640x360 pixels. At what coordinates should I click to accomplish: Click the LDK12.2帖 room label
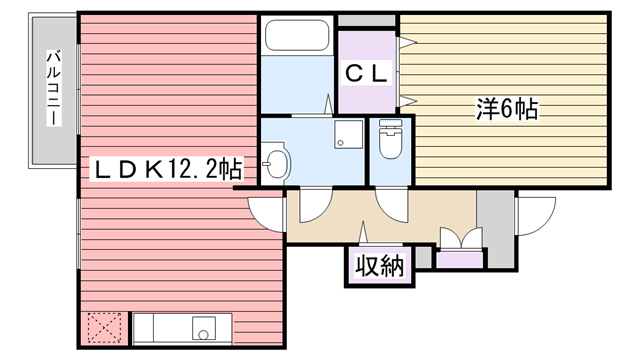[x=168, y=169]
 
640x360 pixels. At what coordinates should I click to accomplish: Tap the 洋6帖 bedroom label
[x=507, y=109]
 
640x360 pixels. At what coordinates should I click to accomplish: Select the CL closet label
[x=366, y=73]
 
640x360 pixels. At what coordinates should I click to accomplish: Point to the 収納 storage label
[x=380, y=266]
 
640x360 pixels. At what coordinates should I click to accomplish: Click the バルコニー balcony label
[x=53, y=88]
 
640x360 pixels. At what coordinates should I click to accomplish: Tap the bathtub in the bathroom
[x=297, y=35]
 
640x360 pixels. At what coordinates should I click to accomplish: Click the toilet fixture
[x=391, y=139]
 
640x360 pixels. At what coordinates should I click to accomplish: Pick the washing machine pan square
[x=349, y=134]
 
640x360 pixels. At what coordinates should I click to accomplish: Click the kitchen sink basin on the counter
[x=204, y=328]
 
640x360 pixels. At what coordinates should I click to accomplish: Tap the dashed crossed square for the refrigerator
[x=104, y=328]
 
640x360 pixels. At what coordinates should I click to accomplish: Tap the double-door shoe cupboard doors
[x=462, y=238]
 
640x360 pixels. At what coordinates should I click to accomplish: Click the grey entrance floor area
[x=495, y=229]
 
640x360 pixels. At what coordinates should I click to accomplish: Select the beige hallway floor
[x=382, y=216]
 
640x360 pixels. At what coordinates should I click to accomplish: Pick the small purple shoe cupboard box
[x=460, y=260]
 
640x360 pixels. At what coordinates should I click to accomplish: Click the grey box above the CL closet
[x=367, y=20]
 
